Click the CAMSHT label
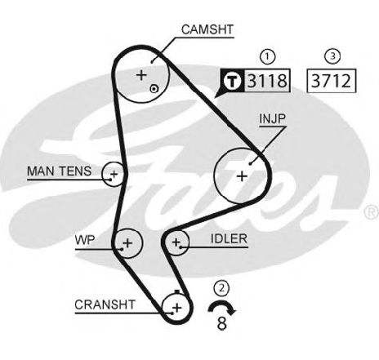coord(207,29)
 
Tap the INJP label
coord(272,118)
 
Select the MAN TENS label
coord(60,171)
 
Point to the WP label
coord(85,240)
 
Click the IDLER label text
coord(229,238)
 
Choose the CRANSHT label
coord(105,304)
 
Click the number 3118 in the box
coord(267,81)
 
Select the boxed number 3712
coord(331,81)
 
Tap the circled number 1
coord(267,57)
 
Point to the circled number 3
coord(332,56)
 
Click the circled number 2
coord(222,288)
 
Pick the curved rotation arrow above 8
coord(221,303)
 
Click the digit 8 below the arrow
coord(222,323)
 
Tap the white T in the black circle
coord(233,81)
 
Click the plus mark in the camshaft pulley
coord(141,74)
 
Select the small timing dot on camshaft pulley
coord(154,89)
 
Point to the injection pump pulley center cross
coord(242,176)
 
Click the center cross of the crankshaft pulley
coord(177,308)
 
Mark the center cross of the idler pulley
coord(176,242)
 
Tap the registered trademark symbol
coord(372,213)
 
